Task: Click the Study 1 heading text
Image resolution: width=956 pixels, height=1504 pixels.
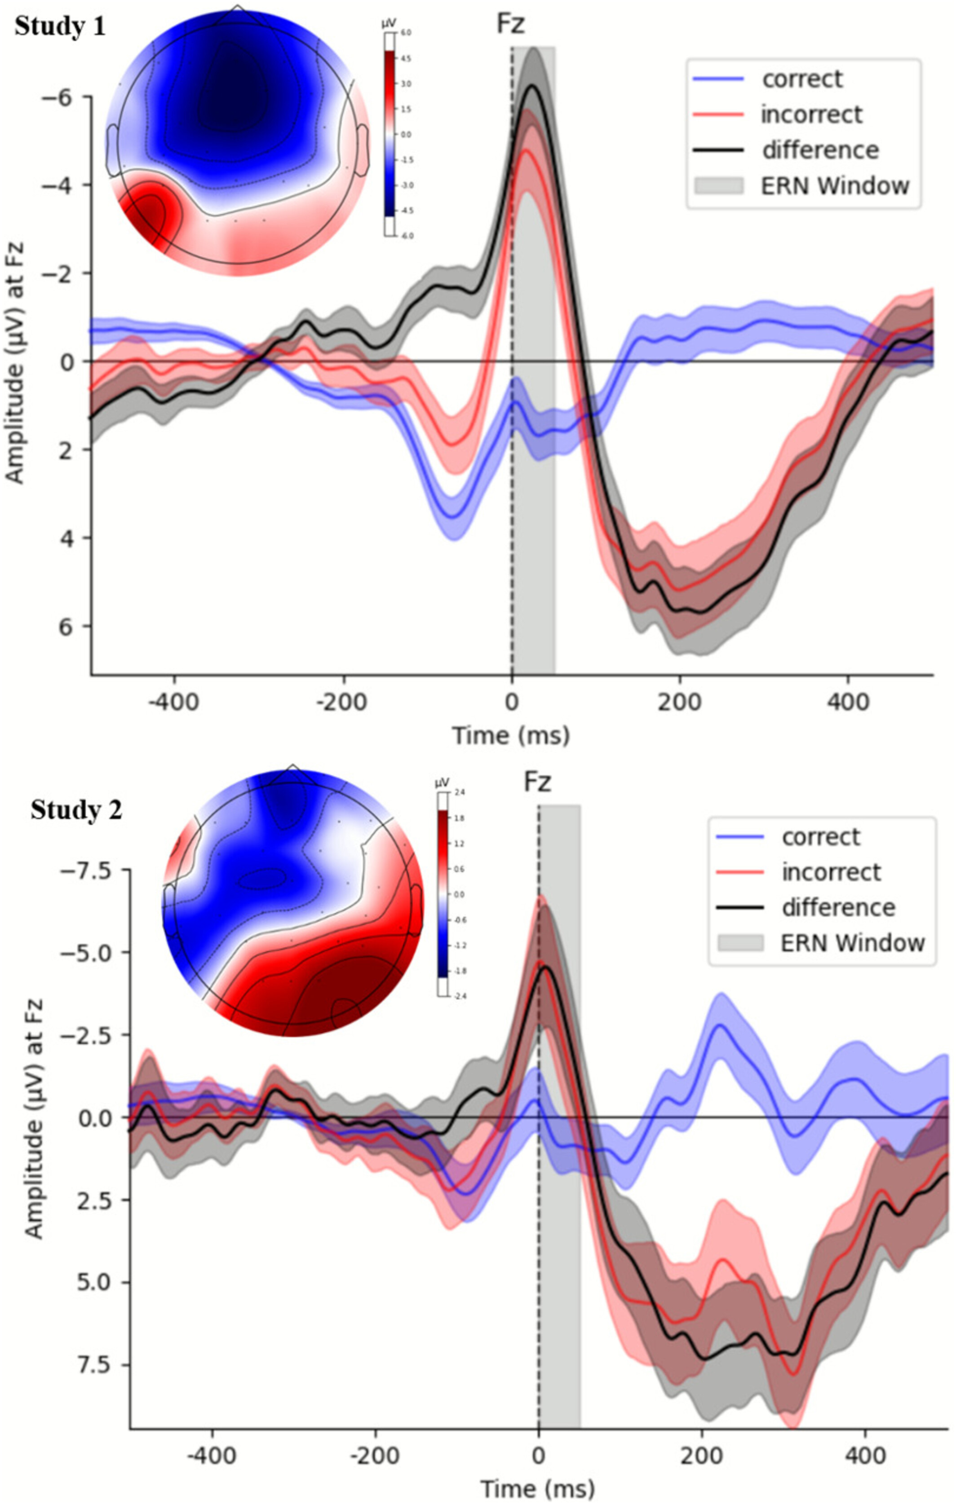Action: click(x=60, y=27)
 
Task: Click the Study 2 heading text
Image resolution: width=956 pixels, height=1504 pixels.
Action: click(x=76, y=811)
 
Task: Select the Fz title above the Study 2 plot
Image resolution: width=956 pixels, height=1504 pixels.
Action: click(x=537, y=782)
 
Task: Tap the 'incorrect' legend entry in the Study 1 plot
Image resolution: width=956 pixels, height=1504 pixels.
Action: click(x=811, y=115)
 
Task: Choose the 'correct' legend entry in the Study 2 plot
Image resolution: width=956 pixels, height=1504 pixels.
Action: click(x=820, y=837)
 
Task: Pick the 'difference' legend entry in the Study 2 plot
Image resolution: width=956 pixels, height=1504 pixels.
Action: click(x=838, y=907)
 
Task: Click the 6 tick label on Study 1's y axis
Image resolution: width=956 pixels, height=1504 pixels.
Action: click(x=66, y=626)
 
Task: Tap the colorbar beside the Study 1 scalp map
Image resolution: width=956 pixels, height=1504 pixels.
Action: click(x=389, y=134)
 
